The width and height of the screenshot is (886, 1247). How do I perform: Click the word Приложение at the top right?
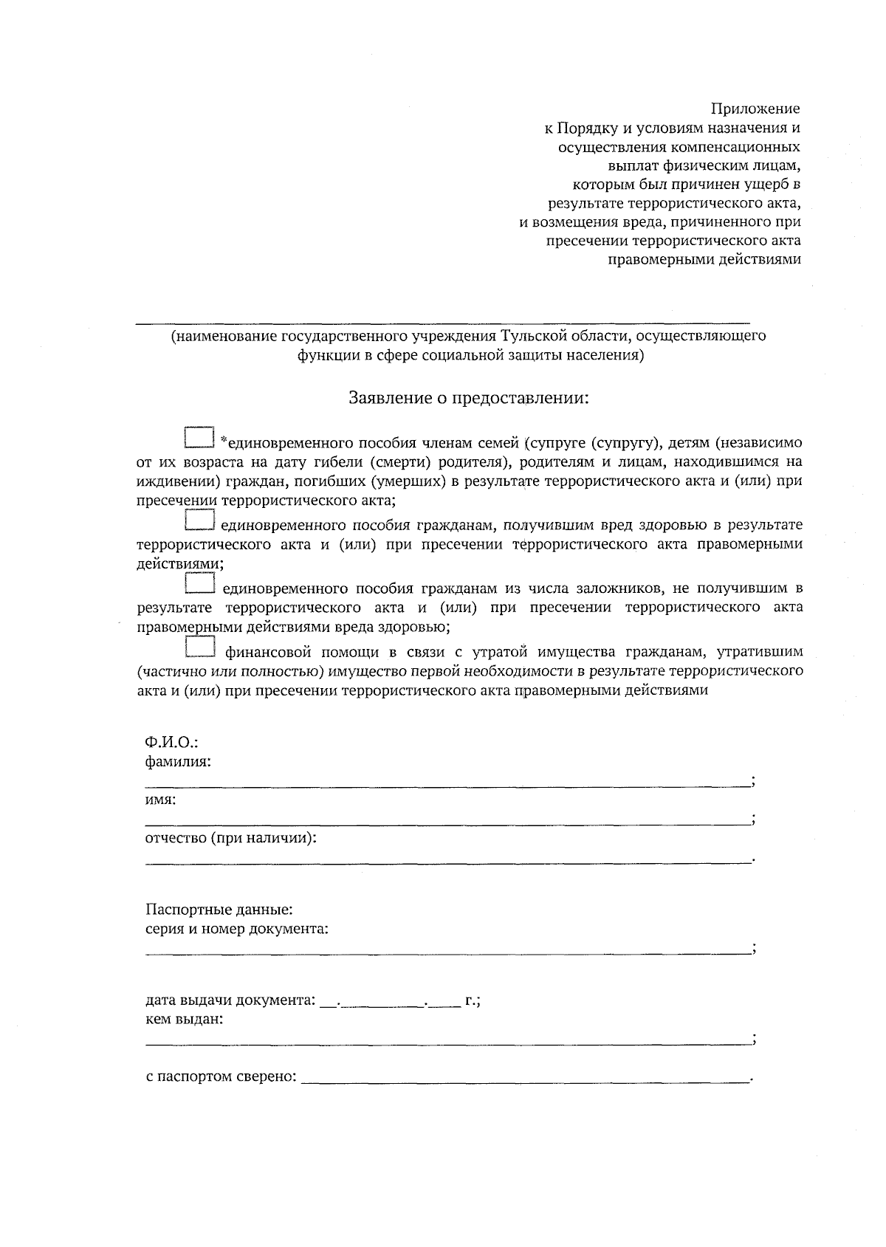pos(755,109)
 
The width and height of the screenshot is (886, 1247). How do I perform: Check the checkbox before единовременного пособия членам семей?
pos(198,436)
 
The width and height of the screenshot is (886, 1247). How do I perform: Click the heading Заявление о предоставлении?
pos(470,398)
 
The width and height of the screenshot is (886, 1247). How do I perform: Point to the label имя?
pos(160,800)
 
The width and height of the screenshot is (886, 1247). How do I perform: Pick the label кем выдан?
pos(184,1020)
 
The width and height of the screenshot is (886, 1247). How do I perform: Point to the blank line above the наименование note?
pos(443,323)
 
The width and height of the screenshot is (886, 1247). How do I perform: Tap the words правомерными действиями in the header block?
pos(704,259)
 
